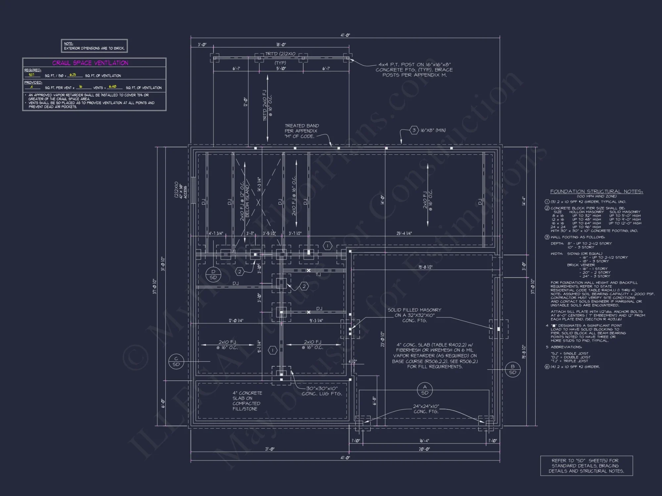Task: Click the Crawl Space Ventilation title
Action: [x=90, y=63]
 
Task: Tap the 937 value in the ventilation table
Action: [x=31, y=75]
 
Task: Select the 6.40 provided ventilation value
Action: [x=113, y=87]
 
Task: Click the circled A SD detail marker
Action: [x=425, y=390]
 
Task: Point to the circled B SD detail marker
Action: [x=512, y=369]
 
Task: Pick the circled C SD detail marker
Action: [x=176, y=361]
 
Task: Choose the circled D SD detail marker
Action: [x=213, y=275]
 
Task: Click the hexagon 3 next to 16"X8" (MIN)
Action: [x=414, y=130]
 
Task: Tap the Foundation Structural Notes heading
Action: [x=596, y=191]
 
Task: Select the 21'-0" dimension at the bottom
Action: [x=270, y=449]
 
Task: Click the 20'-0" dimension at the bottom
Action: [x=424, y=449]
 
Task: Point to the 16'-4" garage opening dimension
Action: [x=424, y=441]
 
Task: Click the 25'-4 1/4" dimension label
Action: [x=404, y=233]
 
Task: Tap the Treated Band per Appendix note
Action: [x=302, y=131]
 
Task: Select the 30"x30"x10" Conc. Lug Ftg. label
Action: [x=321, y=391]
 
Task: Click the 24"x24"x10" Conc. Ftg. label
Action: [x=426, y=409]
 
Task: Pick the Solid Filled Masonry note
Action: [x=414, y=315]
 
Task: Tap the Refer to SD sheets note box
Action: [x=586, y=466]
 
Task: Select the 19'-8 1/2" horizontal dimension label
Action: [x=425, y=267]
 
